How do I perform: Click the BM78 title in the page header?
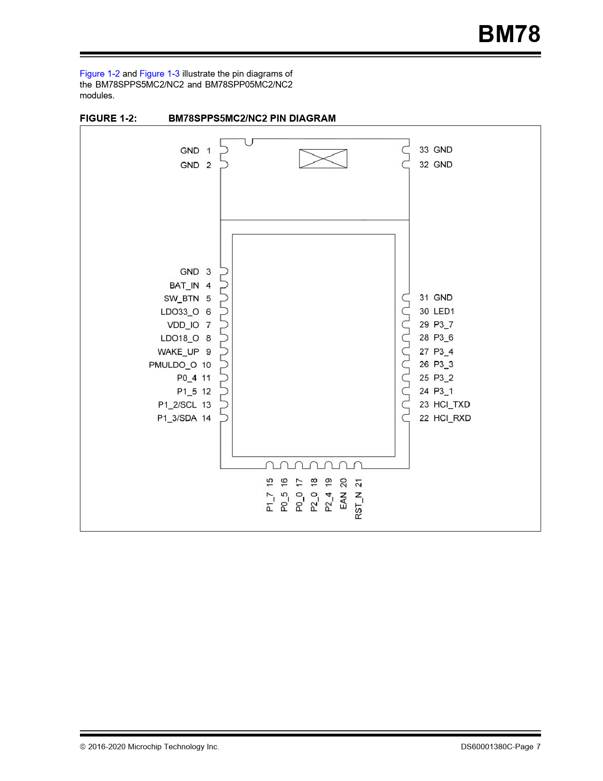click(x=509, y=34)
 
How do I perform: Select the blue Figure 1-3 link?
click(x=159, y=74)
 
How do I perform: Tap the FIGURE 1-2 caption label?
click(x=108, y=118)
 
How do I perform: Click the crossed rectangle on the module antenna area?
click(x=323, y=159)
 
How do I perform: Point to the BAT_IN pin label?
click(x=184, y=285)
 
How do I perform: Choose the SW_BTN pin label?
click(x=181, y=298)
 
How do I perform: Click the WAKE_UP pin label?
click(x=178, y=352)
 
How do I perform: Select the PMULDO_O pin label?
click(x=173, y=365)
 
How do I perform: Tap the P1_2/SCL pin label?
click(x=177, y=405)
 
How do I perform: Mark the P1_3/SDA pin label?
click(x=177, y=418)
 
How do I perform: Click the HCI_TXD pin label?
click(x=452, y=404)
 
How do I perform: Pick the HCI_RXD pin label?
click(x=452, y=418)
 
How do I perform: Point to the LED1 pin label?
click(x=444, y=311)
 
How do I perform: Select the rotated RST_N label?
click(x=358, y=506)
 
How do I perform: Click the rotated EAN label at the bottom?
click(x=343, y=501)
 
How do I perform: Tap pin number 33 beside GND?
click(x=424, y=150)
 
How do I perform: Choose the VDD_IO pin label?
click(x=183, y=325)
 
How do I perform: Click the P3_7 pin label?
click(x=443, y=325)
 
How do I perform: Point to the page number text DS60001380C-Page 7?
click(x=500, y=746)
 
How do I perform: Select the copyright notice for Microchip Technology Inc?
click(x=149, y=746)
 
